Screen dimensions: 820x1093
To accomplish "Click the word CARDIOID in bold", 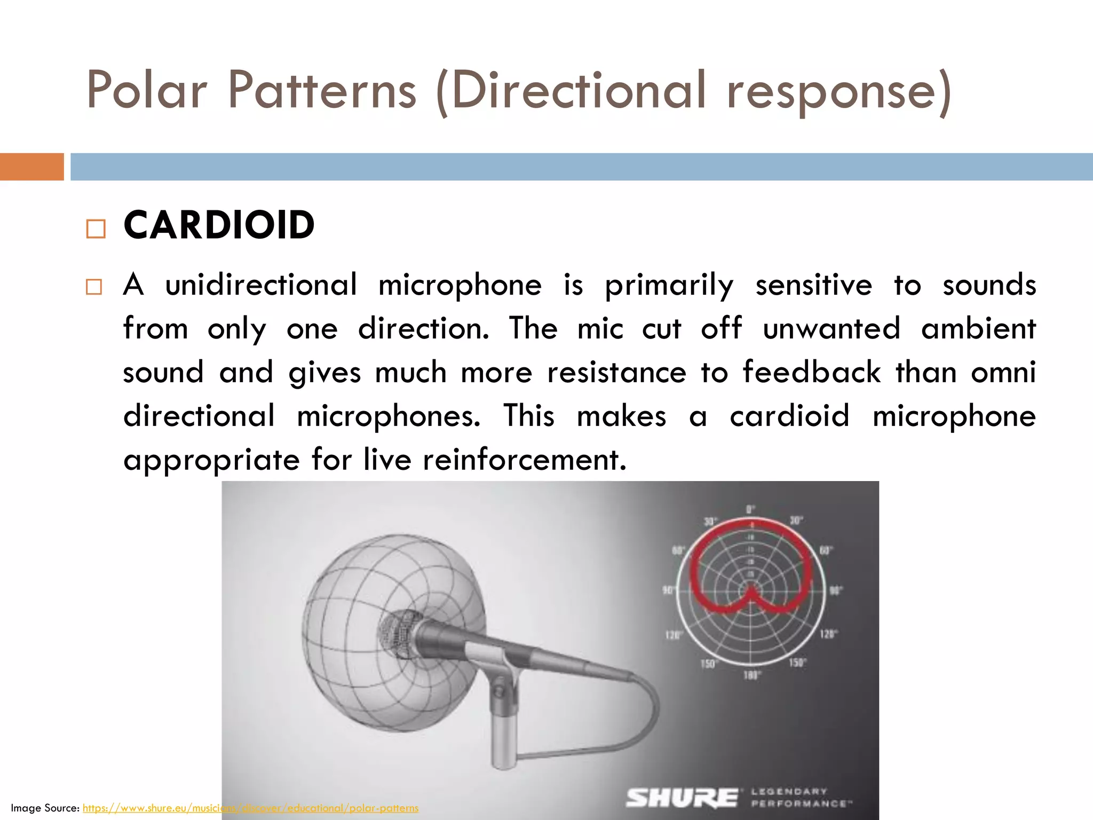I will click(219, 225).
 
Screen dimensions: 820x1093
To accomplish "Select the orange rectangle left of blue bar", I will click(31, 167).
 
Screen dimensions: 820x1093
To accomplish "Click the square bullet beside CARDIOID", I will click(96, 229).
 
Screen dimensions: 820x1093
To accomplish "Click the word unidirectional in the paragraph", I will click(261, 285).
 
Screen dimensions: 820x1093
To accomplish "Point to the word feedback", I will click(811, 372).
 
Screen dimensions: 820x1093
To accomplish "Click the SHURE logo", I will click(682, 798).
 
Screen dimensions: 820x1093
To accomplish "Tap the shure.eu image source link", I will click(250, 808).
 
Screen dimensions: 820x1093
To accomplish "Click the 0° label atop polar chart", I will click(750, 509).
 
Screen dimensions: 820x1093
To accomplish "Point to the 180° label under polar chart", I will click(751, 675).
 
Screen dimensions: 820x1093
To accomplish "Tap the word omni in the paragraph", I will click(1003, 372).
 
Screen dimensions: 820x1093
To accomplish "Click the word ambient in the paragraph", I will click(978, 328).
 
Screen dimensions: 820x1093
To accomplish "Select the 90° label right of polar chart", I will click(835, 590).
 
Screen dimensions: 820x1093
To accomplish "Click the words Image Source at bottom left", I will click(45, 808).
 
